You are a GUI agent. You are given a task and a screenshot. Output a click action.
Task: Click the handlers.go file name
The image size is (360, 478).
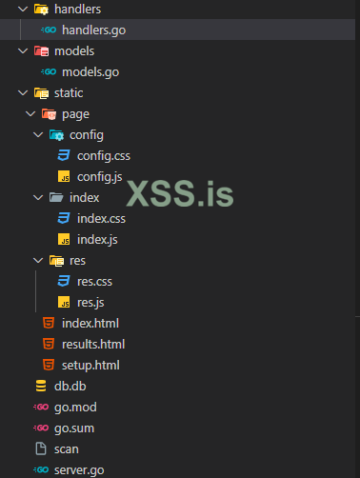coord(92,30)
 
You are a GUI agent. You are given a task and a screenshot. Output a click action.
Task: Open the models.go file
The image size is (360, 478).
coord(90,71)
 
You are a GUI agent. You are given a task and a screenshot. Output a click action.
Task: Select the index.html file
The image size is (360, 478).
coord(90,323)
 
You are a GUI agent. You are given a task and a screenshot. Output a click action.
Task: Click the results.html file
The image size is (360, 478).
coord(93,344)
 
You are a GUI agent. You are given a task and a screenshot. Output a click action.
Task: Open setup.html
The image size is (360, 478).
coord(90,365)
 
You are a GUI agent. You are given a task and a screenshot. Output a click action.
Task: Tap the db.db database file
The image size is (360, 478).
coord(70,386)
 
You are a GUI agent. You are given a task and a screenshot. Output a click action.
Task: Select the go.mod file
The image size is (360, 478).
coord(75,407)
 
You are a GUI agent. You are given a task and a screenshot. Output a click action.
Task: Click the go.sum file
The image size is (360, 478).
coord(75,428)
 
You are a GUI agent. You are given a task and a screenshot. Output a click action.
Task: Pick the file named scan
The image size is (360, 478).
coord(67,448)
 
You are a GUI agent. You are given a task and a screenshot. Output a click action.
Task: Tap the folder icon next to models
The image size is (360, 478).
coord(40,51)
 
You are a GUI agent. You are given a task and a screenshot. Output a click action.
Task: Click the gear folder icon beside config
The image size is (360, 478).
coord(56,134)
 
